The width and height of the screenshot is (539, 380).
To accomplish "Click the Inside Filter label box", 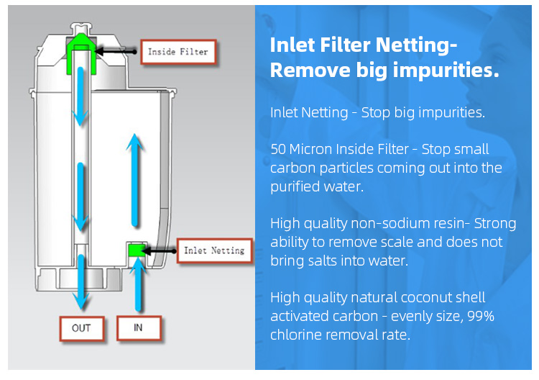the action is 178,52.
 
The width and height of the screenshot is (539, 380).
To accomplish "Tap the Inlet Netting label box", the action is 214,250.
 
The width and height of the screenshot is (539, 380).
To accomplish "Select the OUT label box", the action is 82,328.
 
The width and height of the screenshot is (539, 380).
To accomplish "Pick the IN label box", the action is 139,328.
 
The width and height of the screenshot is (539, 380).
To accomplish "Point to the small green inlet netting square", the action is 137,250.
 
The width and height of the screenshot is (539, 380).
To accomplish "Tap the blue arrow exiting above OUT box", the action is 81,281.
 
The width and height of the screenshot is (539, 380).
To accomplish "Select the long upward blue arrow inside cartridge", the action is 135,180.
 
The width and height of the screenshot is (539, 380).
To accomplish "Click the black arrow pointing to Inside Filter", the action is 116,52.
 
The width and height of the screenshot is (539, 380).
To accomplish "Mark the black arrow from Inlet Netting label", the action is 159,251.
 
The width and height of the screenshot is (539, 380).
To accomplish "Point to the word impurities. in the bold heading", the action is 446,71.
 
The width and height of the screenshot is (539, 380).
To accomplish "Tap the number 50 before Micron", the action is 278,150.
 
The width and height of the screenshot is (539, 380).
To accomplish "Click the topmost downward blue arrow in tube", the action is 80,96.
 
